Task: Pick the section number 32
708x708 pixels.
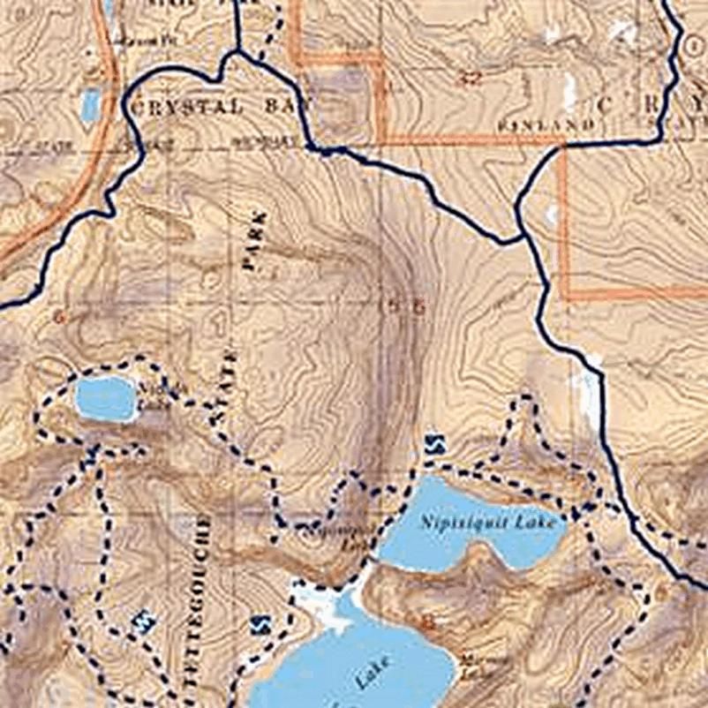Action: [x=471, y=78]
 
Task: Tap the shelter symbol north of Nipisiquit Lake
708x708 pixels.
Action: [x=433, y=443]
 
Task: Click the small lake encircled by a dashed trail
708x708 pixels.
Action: [x=105, y=398]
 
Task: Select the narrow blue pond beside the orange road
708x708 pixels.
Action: [x=90, y=105]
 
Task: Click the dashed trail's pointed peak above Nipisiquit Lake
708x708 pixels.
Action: [x=526, y=399]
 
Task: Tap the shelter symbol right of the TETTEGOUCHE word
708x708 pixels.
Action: [x=259, y=625]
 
